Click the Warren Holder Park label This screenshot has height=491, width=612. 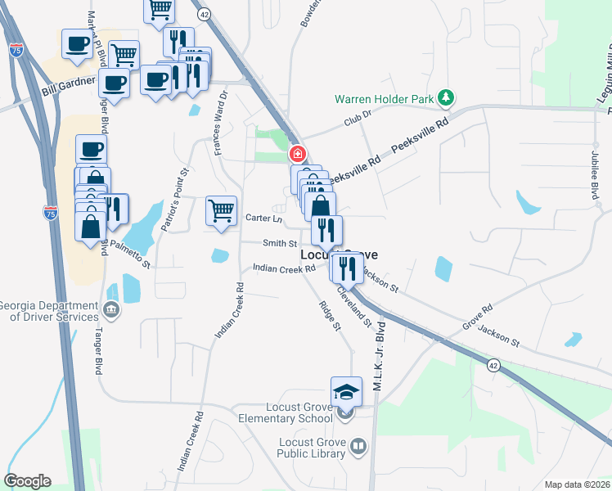click(x=383, y=99)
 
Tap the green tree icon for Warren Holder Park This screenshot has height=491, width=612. click(x=445, y=99)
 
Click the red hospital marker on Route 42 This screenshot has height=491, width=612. click(x=299, y=153)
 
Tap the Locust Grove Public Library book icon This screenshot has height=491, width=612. click(x=358, y=446)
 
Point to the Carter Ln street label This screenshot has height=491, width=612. click(x=263, y=218)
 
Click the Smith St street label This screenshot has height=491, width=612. click(x=279, y=243)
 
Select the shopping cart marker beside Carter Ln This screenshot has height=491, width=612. click(x=221, y=210)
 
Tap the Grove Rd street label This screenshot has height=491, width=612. click(x=481, y=313)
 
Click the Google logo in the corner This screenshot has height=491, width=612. click(x=27, y=481)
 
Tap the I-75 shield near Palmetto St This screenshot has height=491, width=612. click(x=51, y=212)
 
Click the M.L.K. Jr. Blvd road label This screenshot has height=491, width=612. click(x=379, y=354)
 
